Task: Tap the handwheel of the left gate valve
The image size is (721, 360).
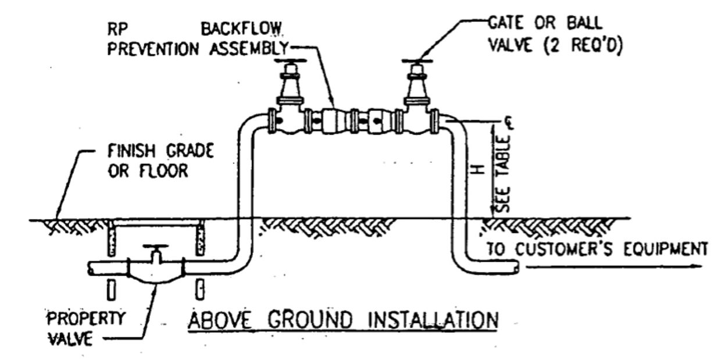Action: [x=289, y=61]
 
